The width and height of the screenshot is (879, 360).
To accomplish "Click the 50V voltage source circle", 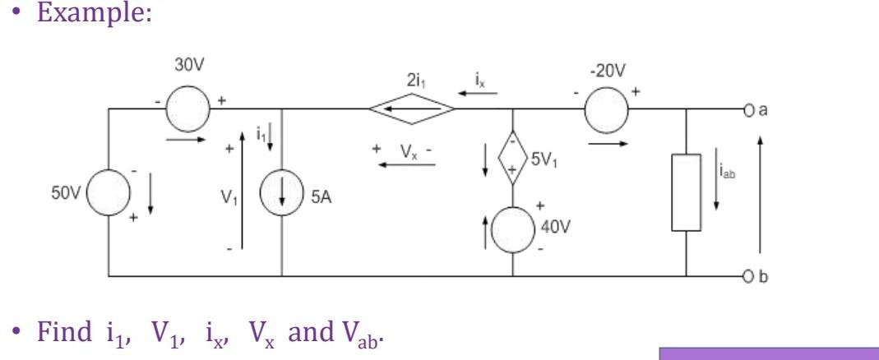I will (x=109, y=201).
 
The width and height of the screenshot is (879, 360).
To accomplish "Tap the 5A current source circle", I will (x=283, y=201).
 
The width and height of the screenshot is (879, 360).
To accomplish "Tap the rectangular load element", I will (x=685, y=192).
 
